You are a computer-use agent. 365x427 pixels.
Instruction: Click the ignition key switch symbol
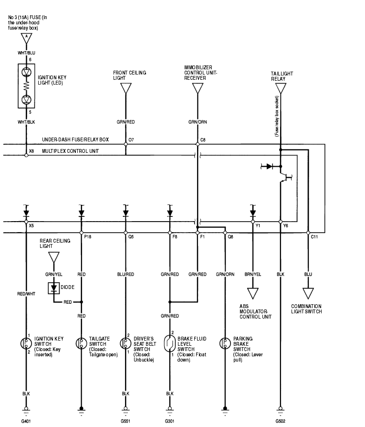click(26, 343)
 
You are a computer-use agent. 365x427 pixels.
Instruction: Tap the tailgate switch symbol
click(82, 343)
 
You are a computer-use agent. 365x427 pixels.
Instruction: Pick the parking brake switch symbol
click(225, 343)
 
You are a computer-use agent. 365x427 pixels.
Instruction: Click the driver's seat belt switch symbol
click(125, 343)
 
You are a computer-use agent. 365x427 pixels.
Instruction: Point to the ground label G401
click(26, 421)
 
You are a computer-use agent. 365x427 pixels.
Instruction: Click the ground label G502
click(281, 421)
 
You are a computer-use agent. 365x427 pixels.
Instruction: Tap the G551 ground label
click(125, 421)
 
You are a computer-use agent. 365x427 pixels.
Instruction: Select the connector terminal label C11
click(314, 236)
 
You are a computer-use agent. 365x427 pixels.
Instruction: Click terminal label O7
click(131, 140)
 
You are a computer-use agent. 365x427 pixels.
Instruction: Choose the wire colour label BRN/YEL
click(252, 275)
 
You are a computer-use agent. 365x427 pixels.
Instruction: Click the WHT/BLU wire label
click(26, 53)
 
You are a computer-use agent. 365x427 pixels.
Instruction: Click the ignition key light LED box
click(26, 85)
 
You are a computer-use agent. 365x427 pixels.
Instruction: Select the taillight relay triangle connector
click(281, 89)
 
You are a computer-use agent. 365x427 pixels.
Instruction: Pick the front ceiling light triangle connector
click(126, 89)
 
